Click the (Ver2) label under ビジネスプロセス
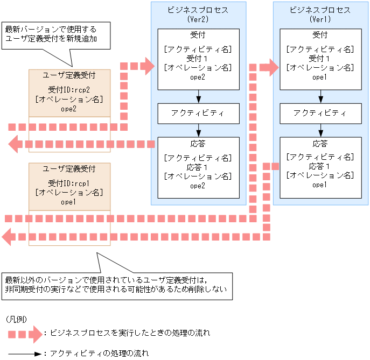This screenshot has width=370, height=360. (198, 19)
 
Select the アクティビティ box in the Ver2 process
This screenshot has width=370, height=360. (198, 114)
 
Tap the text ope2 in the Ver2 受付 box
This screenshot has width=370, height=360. (198, 77)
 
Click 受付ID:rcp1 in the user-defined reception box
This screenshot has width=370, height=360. (69, 183)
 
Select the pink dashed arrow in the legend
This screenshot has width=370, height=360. (25, 334)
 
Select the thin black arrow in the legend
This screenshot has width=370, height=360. (25, 354)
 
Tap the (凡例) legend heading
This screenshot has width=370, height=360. (16, 319)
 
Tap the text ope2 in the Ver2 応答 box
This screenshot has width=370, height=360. (198, 186)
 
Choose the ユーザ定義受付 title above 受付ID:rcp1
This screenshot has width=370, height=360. (69, 169)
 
